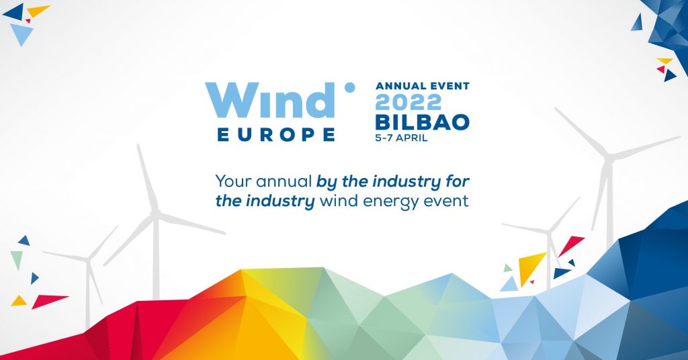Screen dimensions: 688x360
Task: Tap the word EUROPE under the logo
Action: click(x=276, y=134)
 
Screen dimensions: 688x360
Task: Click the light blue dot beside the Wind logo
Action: click(x=349, y=88)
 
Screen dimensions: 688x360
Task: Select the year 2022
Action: click(x=408, y=102)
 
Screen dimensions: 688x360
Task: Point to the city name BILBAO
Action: click(x=423, y=122)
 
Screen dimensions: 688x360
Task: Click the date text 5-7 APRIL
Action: click(x=401, y=138)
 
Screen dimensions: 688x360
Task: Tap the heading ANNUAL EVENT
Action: click(x=423, y=86)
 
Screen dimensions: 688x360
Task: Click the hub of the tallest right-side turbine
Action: click(x=609, y=156)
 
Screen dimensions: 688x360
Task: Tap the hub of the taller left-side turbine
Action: click(x=155, y=214)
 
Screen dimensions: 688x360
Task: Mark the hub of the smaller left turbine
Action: click(x=89, y=260)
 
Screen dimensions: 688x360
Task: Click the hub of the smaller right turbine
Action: click(x=548, y=231)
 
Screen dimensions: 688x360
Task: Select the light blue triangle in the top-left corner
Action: click(x=21, y=33)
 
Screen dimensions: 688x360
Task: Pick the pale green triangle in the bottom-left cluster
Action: click(x=17, y=259)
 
